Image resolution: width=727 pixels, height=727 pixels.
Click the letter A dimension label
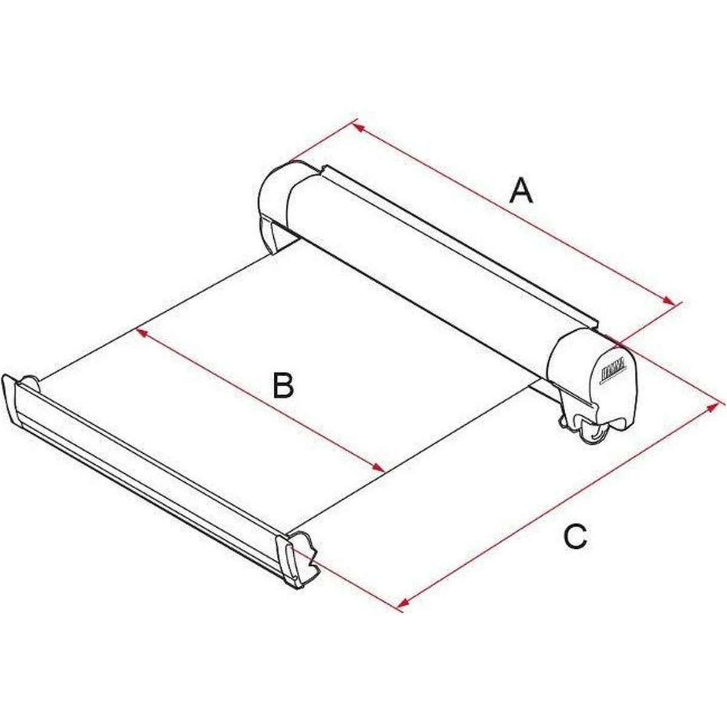(x=521, y=191)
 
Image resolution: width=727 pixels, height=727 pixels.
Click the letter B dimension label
(x=283, y=386)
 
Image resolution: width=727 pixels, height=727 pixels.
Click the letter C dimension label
(x=574, y=537)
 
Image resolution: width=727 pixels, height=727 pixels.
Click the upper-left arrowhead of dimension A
(x=357, y=127)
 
